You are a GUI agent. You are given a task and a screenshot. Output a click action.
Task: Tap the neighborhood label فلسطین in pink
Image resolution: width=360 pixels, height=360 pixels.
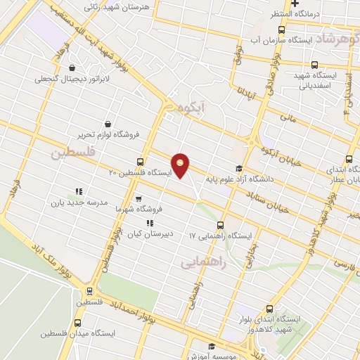point(73,152)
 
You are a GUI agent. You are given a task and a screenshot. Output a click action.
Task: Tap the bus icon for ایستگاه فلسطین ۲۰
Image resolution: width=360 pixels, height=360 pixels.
point(141,162)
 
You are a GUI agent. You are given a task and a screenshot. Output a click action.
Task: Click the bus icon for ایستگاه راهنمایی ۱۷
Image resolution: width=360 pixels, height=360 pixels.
point(221,226)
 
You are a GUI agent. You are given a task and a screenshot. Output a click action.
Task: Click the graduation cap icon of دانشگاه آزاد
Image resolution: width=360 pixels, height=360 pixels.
point(238,168)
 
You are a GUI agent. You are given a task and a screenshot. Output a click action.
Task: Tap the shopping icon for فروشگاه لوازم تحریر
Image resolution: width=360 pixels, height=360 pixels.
point(107,124)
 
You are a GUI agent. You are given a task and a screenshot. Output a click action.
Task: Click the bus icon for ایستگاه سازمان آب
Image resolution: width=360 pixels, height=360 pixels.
point(281,30)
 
